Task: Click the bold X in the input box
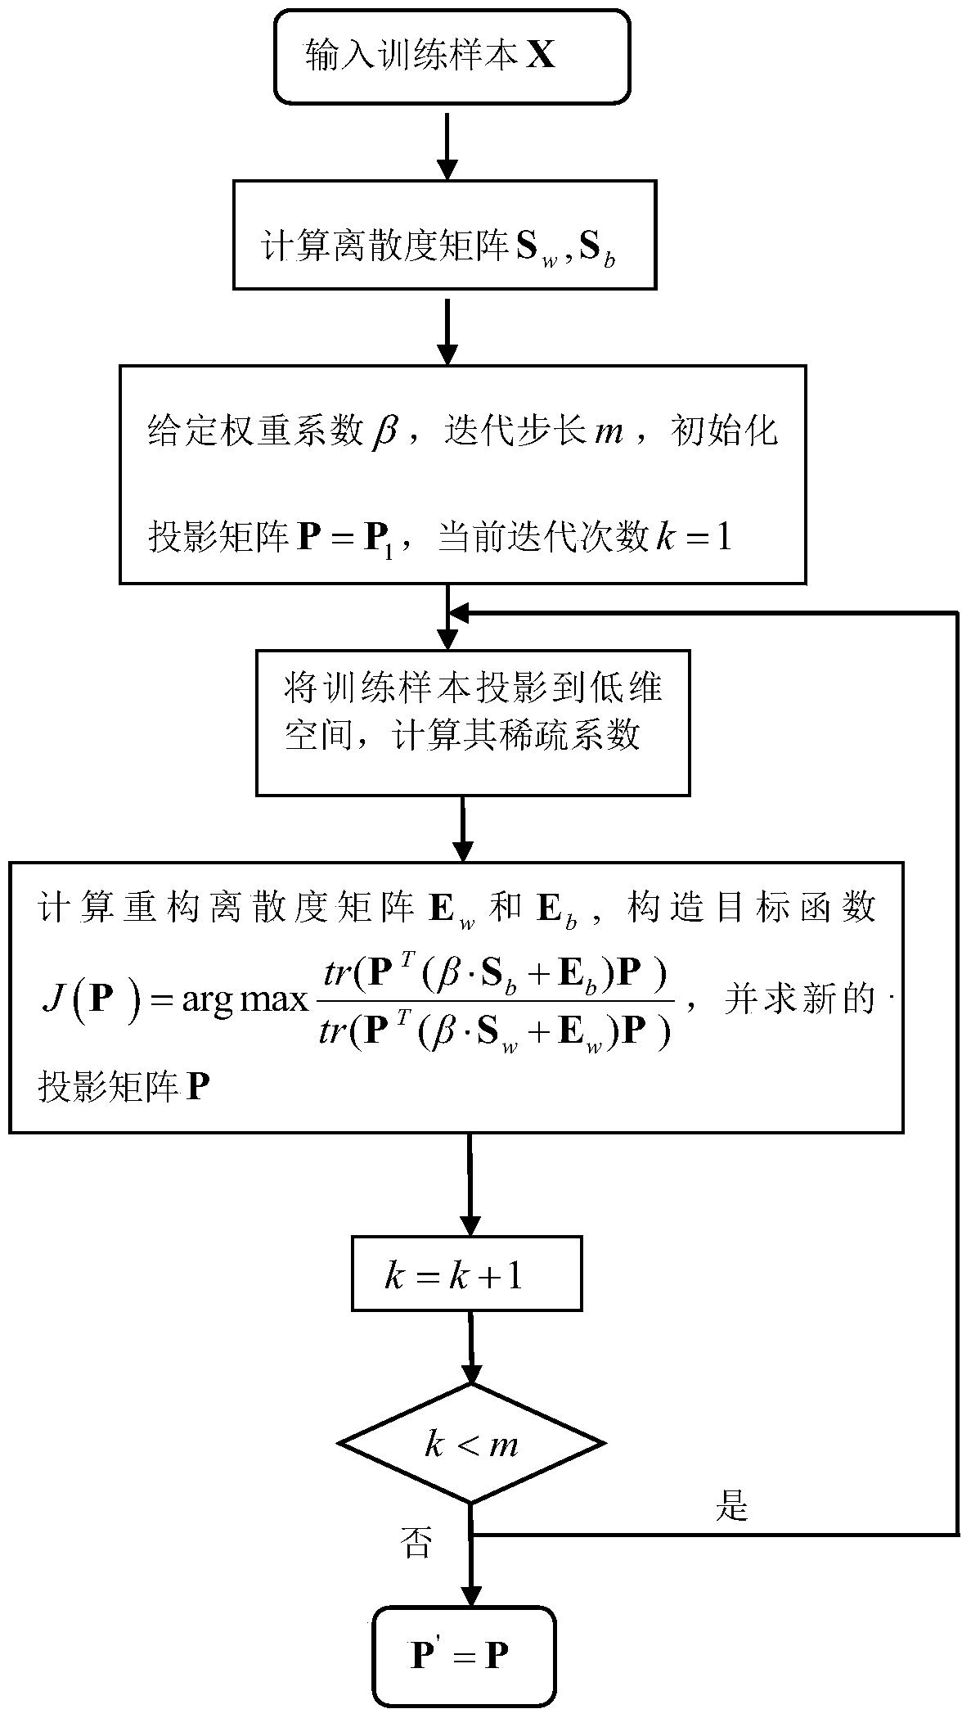(x=540, y=56)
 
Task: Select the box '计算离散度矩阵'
(x=444, y=235)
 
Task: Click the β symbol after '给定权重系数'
(x=382, y=430)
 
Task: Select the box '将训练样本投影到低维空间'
(x=472, y=722)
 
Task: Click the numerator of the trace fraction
(x=494, y=975)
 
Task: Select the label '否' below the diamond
(x=416, y=1544)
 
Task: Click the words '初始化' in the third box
(x=723, y=430)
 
